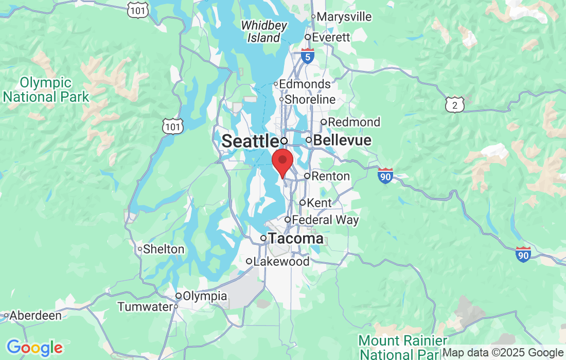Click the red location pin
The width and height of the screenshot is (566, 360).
point(282,161)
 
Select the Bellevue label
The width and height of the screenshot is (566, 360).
point(342,140)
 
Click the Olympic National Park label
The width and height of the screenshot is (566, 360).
point(45,89)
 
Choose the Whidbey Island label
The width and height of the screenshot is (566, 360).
point(260,31)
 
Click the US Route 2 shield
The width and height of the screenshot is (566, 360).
point(455,104)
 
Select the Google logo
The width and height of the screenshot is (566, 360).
point(34,348)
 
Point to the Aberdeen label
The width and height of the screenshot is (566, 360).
point(36,315)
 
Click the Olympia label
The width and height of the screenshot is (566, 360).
point(205,296)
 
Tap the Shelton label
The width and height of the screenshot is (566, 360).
point(164,249)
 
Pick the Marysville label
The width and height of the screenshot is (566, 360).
point(344,17)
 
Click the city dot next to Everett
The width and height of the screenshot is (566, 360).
point(308,37)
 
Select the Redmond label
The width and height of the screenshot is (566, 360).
point(354,122)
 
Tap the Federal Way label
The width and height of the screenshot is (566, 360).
point(325,220)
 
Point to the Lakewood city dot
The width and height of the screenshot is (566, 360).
point(249,261)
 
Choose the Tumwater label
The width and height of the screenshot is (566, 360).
point(145,307)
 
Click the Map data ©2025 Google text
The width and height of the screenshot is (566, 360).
point(503,353)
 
